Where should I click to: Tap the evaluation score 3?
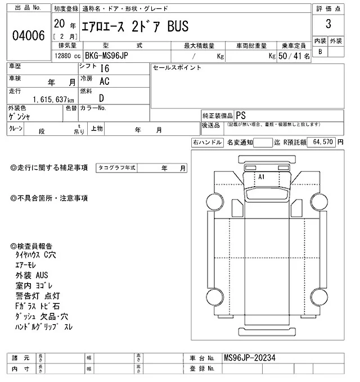[327, 25]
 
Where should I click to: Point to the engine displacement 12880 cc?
[66, 56]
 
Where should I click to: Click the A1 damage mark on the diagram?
[261, 176]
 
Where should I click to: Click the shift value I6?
[103, 69]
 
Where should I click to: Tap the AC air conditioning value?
[104, 81]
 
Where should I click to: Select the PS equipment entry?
[241, 114]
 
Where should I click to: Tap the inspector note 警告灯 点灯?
[38, 297]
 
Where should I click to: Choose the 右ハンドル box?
[207, 143]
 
